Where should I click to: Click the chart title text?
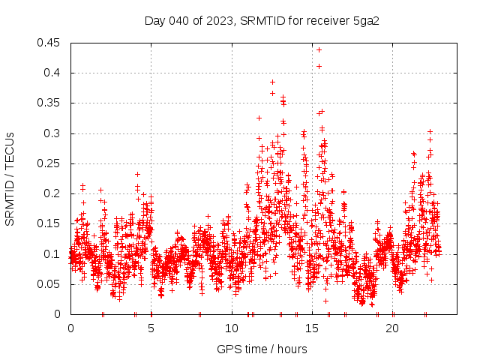[262, 20]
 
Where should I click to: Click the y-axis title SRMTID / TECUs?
[10, 178]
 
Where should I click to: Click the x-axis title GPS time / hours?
[262, 349]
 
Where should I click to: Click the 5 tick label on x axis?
[151, 328]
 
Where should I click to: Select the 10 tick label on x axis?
[232, 328]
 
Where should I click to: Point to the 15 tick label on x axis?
[312, 328]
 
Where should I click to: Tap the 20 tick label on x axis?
[393, 328]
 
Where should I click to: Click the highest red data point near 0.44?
[319, 49]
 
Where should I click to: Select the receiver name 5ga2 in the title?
[366, 20]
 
